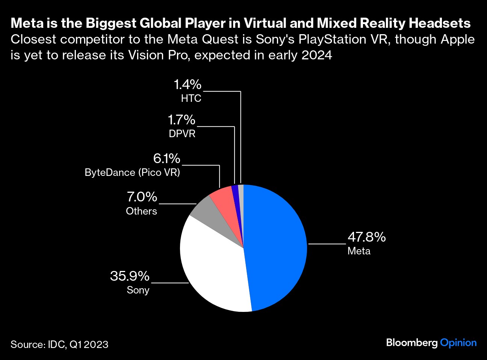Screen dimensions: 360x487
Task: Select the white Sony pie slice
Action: [x=212, y=271]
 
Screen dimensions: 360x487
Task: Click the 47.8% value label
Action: [x=366, y=237]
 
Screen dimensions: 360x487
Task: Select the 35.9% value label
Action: [x=130, y=276]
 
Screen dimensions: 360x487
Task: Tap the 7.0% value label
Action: [x=142, y=197]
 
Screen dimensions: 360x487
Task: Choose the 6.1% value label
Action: [x=166, y=159]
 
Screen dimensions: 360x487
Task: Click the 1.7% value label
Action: [x=181, y=120]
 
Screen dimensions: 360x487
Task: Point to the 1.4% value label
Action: [x=188, y=85]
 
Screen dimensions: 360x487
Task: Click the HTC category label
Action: [x=191, y=98]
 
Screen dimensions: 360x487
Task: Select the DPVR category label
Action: [x=182, y=134]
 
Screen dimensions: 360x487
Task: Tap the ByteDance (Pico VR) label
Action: [x=132, y=172]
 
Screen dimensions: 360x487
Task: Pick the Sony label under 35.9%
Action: [x=138, y=290]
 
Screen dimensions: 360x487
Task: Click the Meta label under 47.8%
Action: [x=359, y=251]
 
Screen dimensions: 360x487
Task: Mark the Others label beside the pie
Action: [x=141, y=211]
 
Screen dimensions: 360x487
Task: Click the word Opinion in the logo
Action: [x=458, y=343]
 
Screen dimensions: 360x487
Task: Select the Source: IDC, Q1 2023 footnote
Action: [x=59, y=345]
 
